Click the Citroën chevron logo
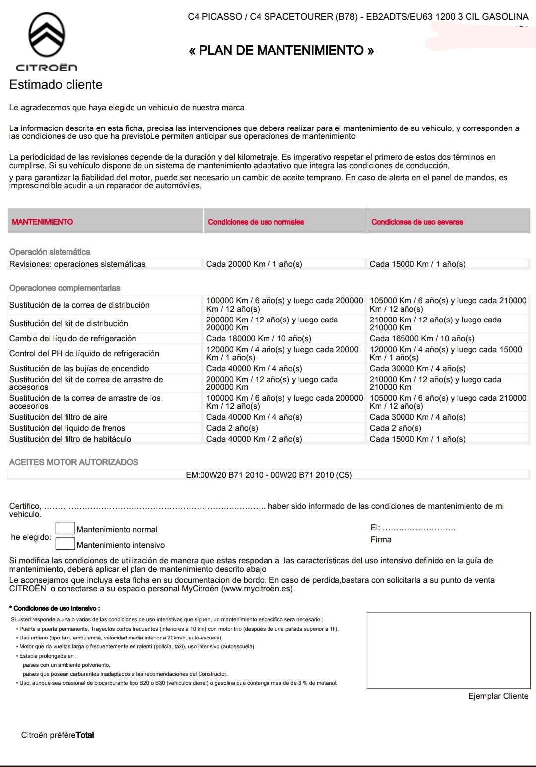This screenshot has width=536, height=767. click(47, 35)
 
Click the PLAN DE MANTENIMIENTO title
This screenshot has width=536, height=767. click(281, 50)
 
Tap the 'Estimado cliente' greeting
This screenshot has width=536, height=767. click(56, 84)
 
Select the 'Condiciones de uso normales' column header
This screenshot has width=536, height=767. click(256, 222)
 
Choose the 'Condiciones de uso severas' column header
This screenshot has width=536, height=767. click(417, 222)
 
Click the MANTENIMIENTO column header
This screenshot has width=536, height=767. click(42, 222)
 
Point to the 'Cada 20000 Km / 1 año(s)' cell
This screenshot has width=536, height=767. click(254, 264)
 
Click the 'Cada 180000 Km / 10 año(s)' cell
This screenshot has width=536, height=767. click(259, 339)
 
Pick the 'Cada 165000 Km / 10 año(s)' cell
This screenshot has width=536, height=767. click(422, 339)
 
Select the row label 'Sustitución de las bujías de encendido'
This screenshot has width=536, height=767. click(79, 369)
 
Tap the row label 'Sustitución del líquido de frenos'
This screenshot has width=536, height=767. click(67, 428)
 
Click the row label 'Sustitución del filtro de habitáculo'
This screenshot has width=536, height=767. click(70, 439)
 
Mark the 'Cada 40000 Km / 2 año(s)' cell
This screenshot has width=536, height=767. click(254, 439)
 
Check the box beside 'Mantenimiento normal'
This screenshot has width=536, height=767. click(65, 529)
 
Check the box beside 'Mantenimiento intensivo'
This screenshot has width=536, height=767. click(65, 544)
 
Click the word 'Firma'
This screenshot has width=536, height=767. click(381, 540)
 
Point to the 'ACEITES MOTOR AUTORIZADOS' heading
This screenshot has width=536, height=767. click(74, 462)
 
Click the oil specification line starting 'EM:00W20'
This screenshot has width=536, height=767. click(268, 475)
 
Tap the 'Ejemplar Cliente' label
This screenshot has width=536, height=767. click(498, 696)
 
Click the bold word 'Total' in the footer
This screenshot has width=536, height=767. click(85, 735)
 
